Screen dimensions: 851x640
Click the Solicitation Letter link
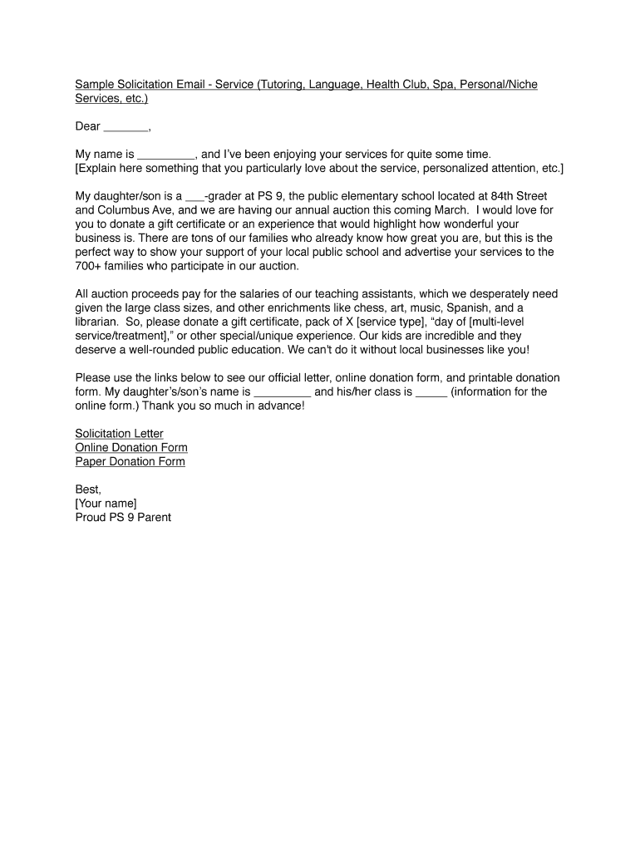pos(119,434)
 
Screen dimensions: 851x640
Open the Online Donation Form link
pos(131,448)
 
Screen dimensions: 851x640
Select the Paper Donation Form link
pos(130,462)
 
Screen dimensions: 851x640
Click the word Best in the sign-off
pos(87,489)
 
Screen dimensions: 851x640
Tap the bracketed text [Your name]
pos(106,504)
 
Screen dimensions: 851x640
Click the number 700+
pos(89,266)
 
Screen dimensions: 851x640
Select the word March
pos(450,210)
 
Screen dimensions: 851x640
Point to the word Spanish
pos(470,307)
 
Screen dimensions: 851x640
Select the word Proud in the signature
pos(91,518)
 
